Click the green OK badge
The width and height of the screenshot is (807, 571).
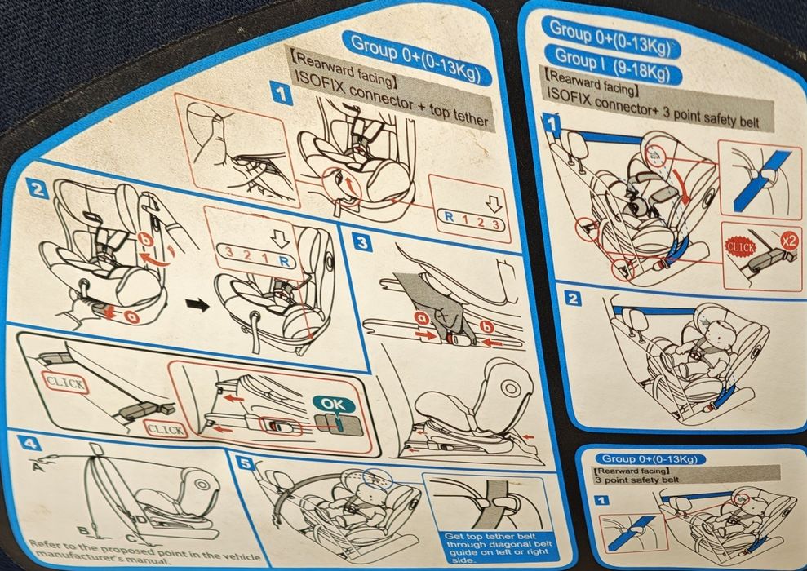333,405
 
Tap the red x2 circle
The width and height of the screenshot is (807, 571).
788,240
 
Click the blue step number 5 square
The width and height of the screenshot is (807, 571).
246,464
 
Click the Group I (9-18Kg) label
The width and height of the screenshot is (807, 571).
613,64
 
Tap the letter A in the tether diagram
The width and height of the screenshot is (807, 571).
38,466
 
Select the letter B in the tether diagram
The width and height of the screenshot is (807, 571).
82,531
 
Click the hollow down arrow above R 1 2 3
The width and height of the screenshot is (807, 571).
494,204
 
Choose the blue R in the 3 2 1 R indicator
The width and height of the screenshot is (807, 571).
284,260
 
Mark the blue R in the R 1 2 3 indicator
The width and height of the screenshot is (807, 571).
450,217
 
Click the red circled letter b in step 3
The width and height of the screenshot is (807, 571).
487,327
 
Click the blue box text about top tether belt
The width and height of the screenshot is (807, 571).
498,548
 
